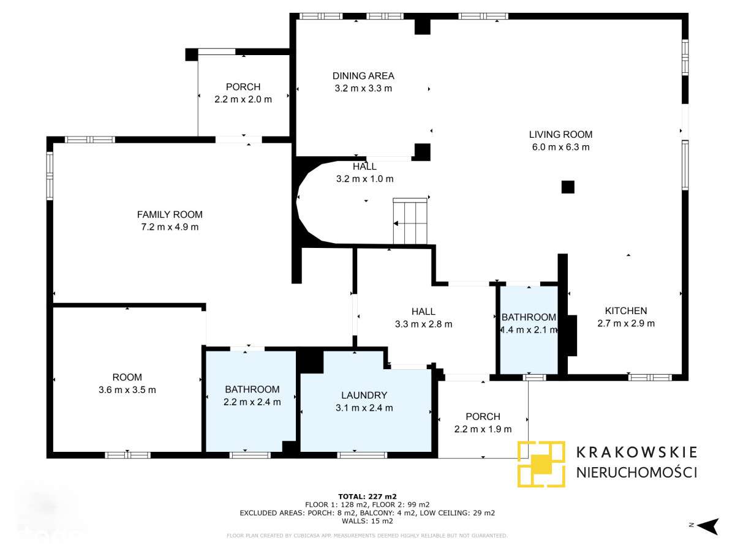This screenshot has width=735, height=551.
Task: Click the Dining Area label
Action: [363, 76]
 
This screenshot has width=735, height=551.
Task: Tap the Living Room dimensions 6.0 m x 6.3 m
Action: [560, 147]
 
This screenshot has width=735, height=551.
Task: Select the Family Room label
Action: [170, 214]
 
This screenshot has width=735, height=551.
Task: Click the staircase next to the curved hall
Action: [410, 221]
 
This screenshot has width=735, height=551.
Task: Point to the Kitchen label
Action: [625, 311]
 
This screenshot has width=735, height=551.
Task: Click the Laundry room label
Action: [364, 395]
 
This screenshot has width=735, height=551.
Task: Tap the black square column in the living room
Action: [568, 187]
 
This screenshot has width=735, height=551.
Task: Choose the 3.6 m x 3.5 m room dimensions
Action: [127, 390]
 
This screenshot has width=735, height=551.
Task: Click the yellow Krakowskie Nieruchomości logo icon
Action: [541, 463]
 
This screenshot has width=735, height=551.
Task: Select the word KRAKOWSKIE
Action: [636, 452]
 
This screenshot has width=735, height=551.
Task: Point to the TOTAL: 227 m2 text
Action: [367, 497]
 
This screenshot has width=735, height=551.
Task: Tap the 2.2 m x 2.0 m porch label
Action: [243, 99]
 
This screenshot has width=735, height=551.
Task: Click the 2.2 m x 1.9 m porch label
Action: [483, 429]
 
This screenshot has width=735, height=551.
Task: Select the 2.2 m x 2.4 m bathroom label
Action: [252, 402]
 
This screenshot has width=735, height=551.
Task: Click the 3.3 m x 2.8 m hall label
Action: [424, 324]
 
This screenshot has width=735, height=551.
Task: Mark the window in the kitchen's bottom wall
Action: [650, 377]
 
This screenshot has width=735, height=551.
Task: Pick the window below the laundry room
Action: [362, 455]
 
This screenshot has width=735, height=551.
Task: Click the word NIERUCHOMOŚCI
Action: [636, 472]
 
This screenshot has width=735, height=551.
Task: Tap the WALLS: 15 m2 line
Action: [367, 521]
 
